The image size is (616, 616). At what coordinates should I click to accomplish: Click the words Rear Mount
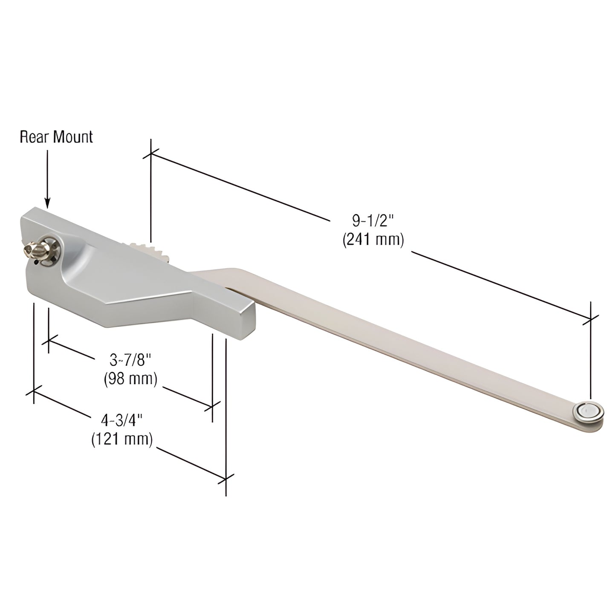(56, 137)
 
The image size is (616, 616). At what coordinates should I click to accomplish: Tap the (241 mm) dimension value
(373, 240)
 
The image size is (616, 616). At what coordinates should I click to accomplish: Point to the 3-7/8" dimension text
(131, 361)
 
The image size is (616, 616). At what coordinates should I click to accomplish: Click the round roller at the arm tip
(589, 411)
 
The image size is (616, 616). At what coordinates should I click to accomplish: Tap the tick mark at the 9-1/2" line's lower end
(590, 318)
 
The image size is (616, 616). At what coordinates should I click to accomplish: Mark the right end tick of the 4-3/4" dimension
(226, 479)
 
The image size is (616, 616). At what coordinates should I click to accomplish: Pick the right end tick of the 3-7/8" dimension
(212, 406)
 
